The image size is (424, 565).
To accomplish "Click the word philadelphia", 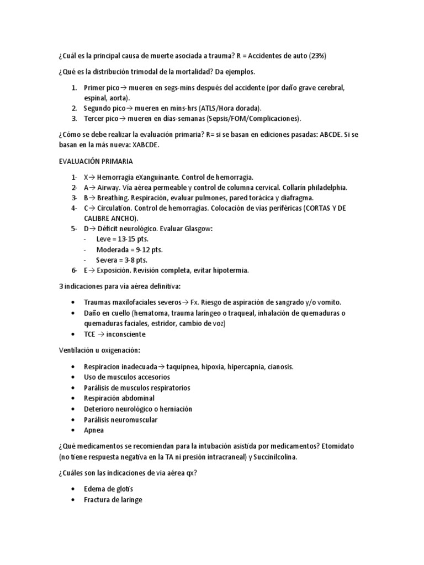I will (x=325, y=188).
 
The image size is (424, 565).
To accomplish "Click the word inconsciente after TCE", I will (x=128, y=334).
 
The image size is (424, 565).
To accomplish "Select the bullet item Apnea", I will (x=94, y=430).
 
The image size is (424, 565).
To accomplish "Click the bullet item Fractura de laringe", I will (x=113, y=500).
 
